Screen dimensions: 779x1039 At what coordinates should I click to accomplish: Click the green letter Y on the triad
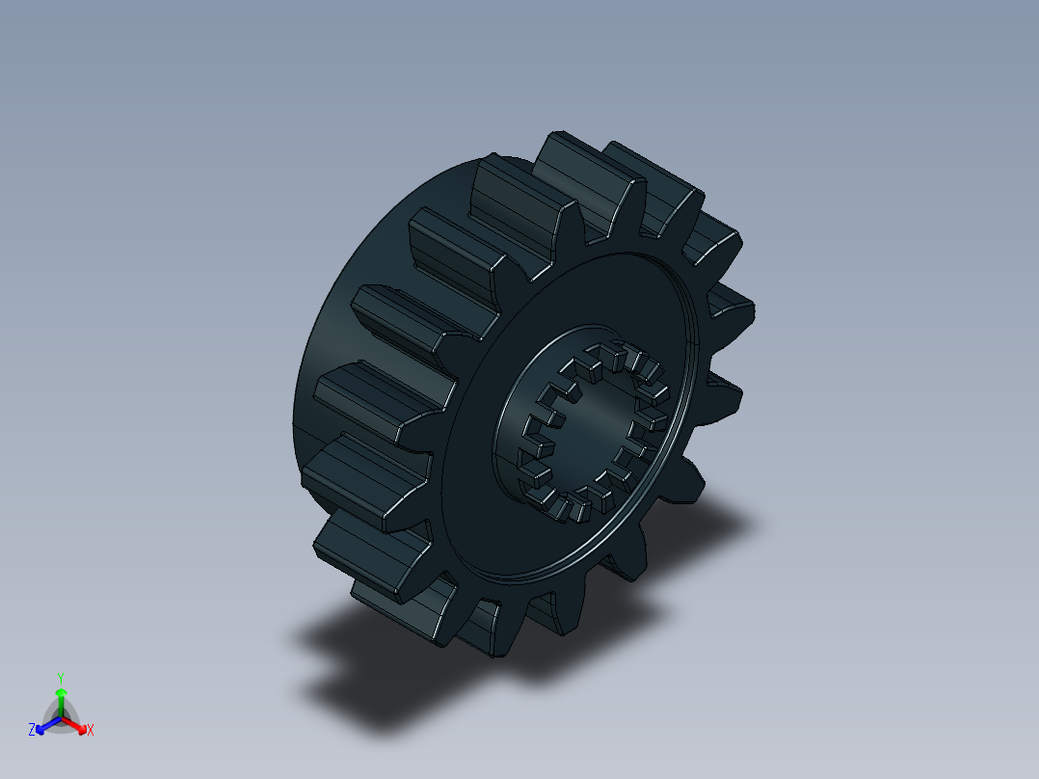point(60,677)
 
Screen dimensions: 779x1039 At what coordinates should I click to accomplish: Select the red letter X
point(91,731)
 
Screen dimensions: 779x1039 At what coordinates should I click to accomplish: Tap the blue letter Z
point(32,731)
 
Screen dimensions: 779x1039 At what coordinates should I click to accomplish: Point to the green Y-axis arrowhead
point(60,692)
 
